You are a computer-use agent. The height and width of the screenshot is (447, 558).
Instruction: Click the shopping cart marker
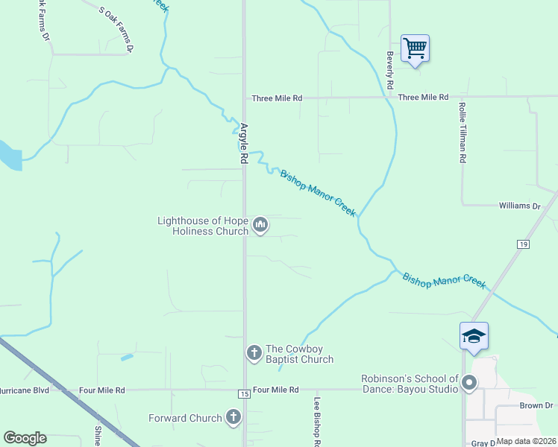coord(415,49)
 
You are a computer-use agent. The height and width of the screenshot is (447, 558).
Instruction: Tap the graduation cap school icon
coord(474,337)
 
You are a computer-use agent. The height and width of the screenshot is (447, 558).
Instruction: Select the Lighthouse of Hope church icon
coord(260,224)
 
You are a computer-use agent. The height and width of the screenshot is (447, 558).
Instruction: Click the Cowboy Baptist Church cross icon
coord(254,352)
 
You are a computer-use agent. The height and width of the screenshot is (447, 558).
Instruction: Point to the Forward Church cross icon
coord(233,418)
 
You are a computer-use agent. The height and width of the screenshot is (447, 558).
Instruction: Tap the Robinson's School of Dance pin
coord(469,384)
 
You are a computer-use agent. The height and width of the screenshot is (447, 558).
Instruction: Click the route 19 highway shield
coord(522,244)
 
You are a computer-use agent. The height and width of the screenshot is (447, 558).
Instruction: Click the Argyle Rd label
coord(243,143)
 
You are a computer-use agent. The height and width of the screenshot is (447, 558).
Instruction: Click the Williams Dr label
coord(519,206)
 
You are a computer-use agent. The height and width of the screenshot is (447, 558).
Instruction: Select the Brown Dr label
coord(536,406)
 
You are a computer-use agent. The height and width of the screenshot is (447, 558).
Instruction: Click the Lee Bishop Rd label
coord(318,421)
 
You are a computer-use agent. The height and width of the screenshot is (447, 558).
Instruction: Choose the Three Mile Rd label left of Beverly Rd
coord(277,98)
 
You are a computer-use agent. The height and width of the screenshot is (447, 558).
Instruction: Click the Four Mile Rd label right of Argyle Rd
coord(275,390)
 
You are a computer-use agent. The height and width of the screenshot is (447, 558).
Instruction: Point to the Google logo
coord(25,437)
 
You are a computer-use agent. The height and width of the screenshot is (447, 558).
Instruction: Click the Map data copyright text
coord(526,441)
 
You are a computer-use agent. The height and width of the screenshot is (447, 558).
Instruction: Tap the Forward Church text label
coord(185,418)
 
